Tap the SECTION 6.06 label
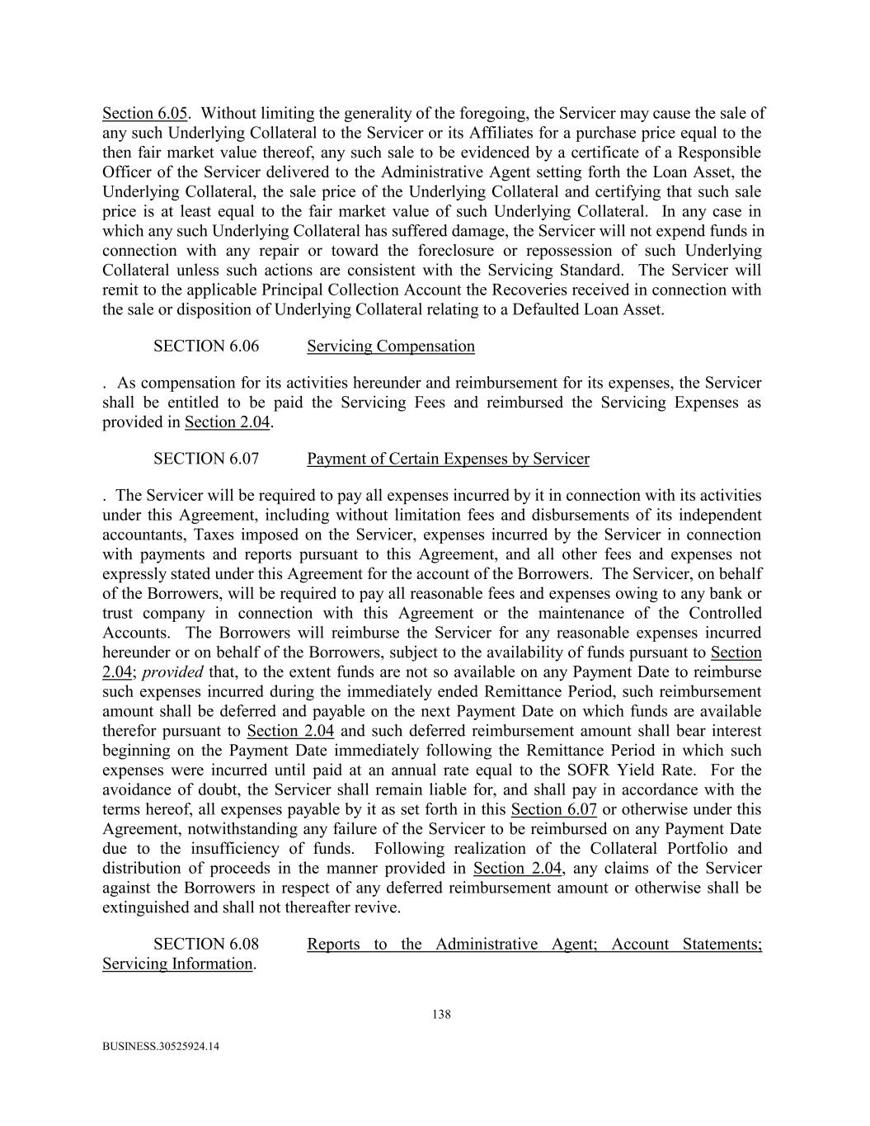(x=205, y=346)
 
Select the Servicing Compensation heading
(x=390, y=346)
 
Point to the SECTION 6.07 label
(x=205, y=459)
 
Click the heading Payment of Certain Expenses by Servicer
(x=448, y=459)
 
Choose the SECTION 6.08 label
(x=205, y=944)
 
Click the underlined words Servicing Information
(x=177, y=963)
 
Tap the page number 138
(x=441, y=1015)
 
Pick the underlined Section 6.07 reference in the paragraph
(x=553, y=809)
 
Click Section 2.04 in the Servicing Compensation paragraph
(x=228, y=422)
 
